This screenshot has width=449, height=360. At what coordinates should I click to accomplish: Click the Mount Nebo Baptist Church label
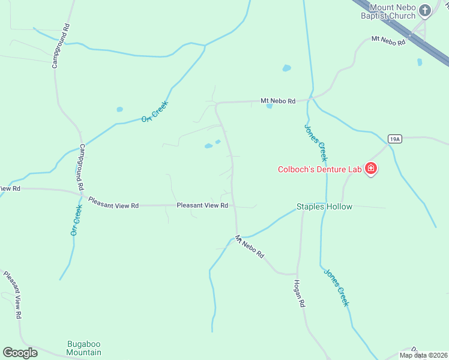pos(393,12)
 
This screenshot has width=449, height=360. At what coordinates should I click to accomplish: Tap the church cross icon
pos(425,10)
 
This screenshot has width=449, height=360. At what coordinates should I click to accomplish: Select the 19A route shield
pos(394,139)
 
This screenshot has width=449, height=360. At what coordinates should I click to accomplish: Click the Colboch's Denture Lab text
pos(321,169)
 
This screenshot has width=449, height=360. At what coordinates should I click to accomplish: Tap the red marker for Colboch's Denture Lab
pos(371,169)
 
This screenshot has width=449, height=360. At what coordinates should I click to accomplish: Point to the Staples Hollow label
pos(324,207)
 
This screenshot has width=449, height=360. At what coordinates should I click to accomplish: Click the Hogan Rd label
pos(299,294)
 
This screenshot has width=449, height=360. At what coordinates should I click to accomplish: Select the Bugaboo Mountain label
pos(83,348)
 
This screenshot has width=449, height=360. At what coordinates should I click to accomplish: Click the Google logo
pos(20,353)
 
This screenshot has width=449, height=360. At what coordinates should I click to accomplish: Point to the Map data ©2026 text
pos(423,355)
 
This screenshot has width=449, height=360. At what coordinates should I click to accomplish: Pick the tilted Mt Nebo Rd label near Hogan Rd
pos(250,246)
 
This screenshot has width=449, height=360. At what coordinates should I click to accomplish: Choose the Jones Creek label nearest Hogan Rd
pos(336,287)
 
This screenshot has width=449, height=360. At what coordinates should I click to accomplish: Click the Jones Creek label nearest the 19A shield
pos(315,143)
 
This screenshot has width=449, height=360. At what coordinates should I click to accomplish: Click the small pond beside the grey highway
pos(420,62)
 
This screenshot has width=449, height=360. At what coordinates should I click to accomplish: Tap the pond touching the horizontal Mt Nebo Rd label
pos(270,106)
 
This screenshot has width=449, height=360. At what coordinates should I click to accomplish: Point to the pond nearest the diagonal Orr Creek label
pos(120,110)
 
